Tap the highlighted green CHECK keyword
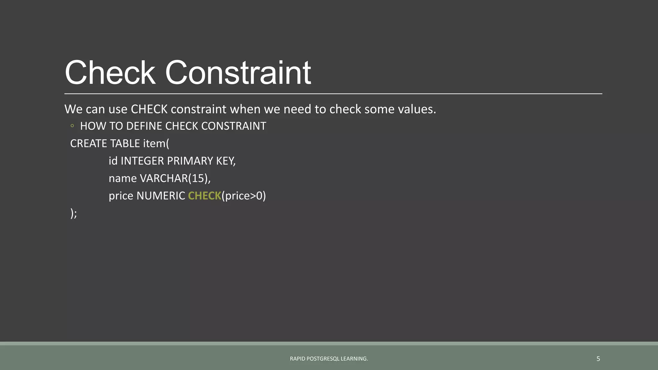pos(204,196)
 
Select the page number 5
pos(598,359)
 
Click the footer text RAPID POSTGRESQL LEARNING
pos(329,359)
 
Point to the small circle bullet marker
pos(72,126)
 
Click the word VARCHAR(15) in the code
pos(175,178)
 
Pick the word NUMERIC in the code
pos(161,196)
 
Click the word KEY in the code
pos(226,161)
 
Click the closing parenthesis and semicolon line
pos(74,213)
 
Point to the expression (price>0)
pos(244,196)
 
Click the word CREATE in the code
pos(89,144)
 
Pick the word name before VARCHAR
pos(123,178)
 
